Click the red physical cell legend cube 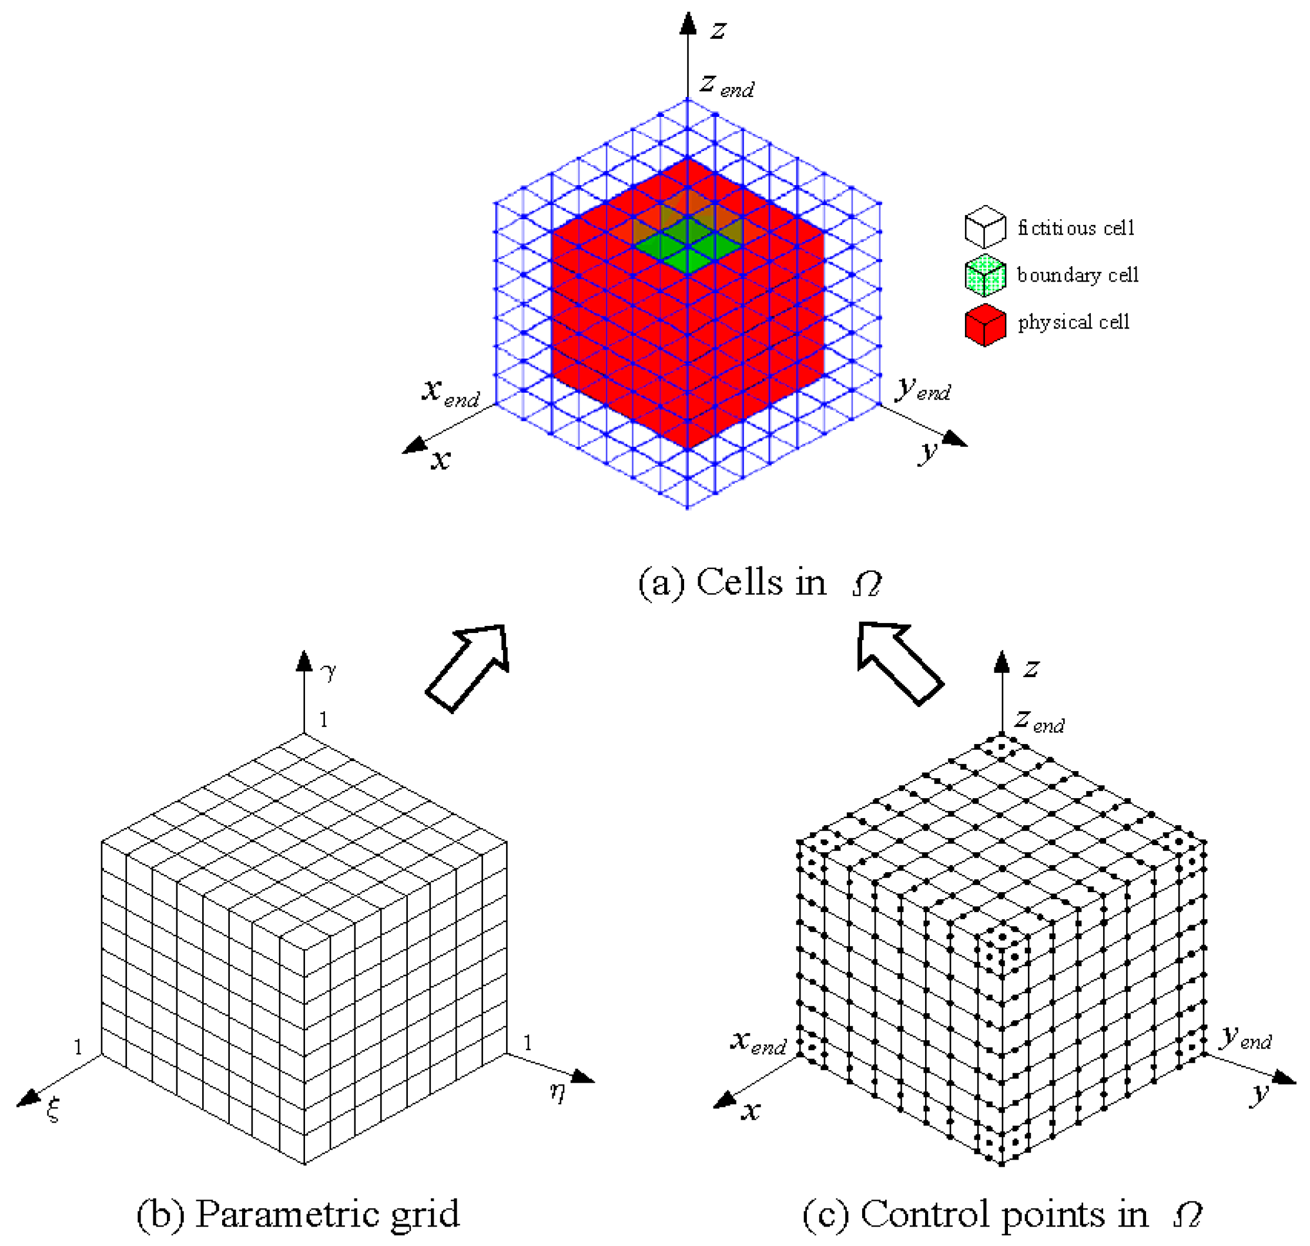984,325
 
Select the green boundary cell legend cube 984,276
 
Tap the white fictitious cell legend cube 984,227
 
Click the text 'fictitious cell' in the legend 1076,228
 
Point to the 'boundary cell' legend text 1077,275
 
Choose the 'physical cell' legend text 1074,322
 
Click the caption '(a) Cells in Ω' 759,583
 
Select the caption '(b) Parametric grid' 297,1214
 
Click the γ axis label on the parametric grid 328,671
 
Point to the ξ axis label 53,1108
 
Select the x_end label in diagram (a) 450,392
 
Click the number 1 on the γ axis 323,719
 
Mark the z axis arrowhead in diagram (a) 688,24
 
